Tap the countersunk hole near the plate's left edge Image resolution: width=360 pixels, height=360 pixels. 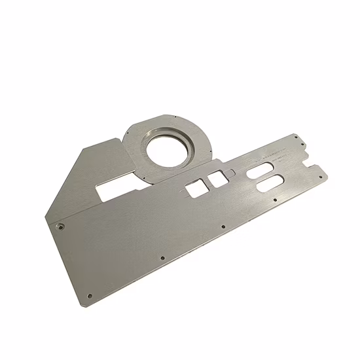click(60, 226)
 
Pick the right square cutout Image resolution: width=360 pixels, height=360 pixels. click(214, 178)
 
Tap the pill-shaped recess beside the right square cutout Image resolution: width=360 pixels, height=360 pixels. click(230, 173)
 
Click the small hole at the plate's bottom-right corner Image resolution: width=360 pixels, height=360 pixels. click(319, 174)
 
